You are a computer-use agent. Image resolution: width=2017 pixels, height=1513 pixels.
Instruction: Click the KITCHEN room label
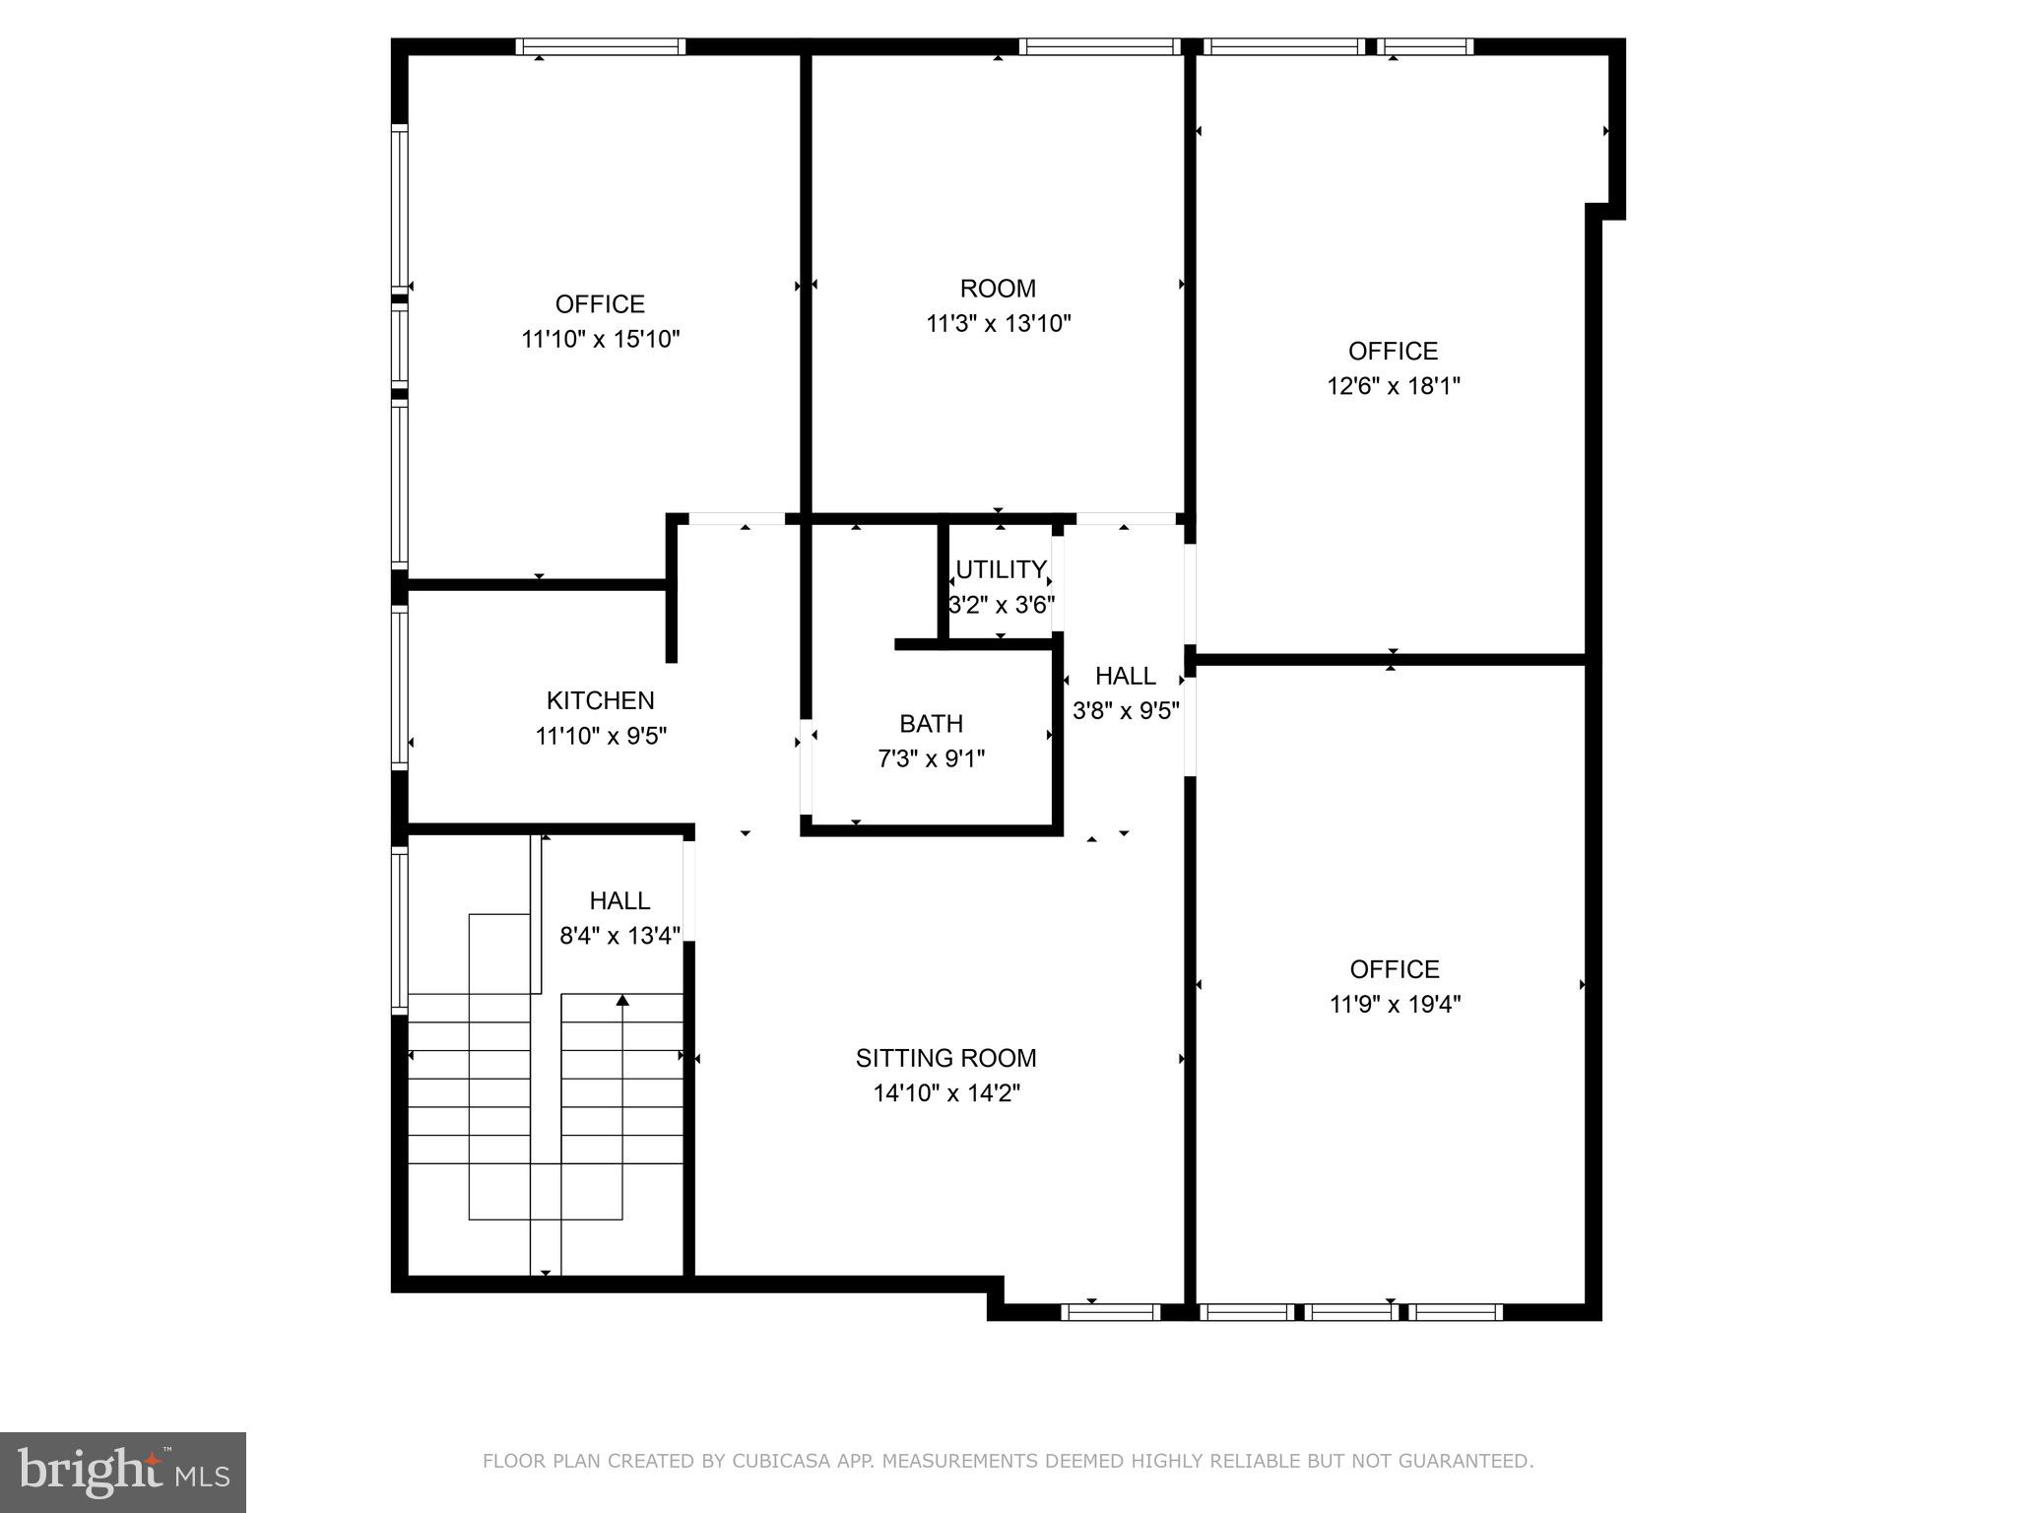(600, 700)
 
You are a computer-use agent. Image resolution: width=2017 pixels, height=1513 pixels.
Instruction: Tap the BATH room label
(931, 724)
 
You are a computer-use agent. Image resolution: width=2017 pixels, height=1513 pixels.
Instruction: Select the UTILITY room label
(1001, 569)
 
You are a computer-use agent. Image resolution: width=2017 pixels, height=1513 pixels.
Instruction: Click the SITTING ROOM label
(945, 1058)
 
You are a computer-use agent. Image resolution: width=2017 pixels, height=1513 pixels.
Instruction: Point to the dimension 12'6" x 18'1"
(1393, 386)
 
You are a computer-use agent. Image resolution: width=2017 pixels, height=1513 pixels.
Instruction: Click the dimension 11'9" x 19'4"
(1395, 1005)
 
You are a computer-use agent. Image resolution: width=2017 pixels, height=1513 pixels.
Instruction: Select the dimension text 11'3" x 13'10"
(998, 324)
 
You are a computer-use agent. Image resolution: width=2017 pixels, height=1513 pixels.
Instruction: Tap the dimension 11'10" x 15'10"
(600, 340)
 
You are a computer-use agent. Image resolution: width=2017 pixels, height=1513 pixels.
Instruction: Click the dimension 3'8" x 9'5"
(1125, 711)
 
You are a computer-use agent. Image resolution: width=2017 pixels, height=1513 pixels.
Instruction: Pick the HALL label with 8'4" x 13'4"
(619, 900)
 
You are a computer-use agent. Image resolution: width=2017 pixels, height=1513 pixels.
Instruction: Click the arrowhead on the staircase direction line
(622, 1001)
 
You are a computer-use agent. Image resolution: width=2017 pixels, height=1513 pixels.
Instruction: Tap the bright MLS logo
(122, 1472)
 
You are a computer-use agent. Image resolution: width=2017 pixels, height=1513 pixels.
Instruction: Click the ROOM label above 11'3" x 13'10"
(998, 289)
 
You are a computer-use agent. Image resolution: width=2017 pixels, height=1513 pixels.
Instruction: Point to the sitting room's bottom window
(1110, 1312)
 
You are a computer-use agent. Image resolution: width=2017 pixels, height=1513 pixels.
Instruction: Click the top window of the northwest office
(600, 46)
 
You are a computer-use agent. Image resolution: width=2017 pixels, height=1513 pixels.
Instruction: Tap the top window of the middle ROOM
(1099, 46)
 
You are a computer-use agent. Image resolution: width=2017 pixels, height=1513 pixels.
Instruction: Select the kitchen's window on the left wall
(399, 687)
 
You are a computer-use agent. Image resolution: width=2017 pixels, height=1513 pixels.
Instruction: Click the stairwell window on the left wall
(399, 930)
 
